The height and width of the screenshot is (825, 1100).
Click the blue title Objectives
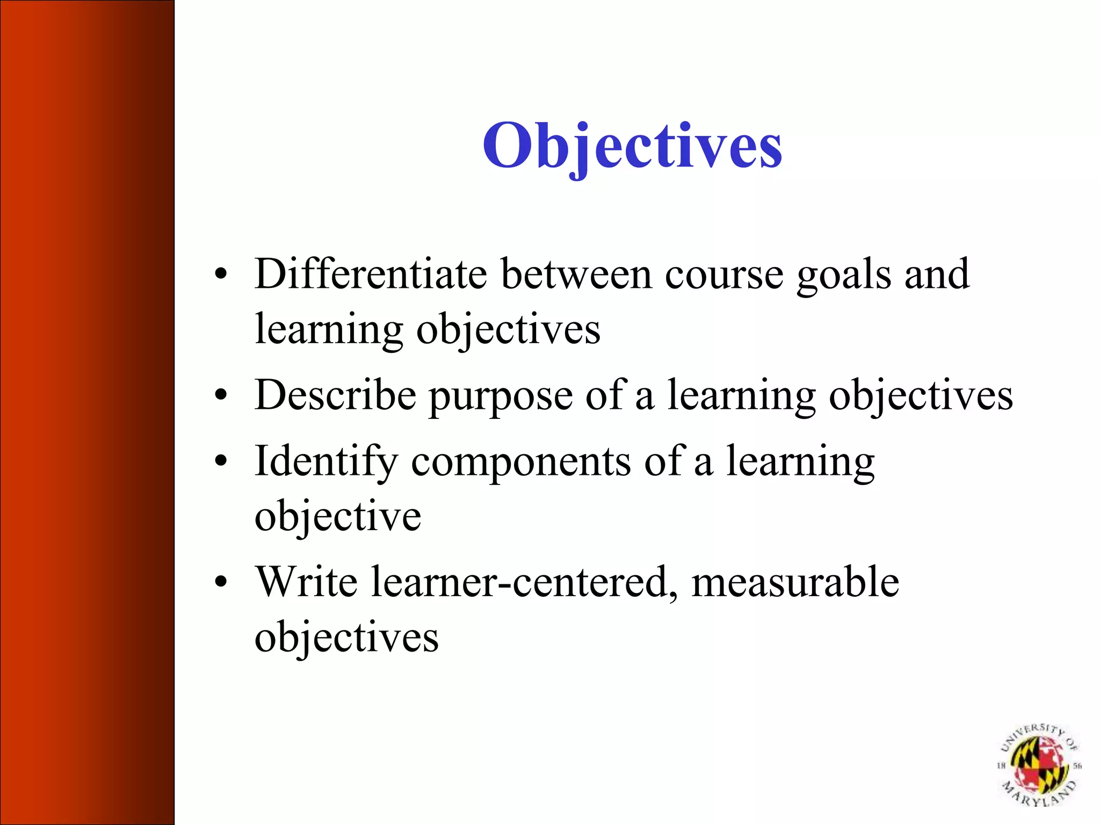[632, 146]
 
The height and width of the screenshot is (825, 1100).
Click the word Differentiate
[371, 274]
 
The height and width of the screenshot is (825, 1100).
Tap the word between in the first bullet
[576, 274]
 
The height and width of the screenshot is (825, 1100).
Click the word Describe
[335, 395]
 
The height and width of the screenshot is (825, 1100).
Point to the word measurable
[795, 582]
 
